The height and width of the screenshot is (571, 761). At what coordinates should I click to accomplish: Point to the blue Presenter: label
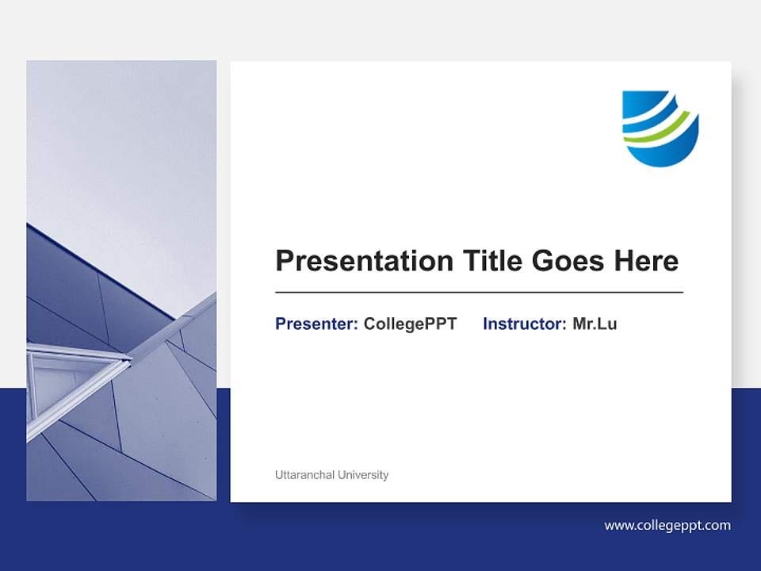coord(316,324)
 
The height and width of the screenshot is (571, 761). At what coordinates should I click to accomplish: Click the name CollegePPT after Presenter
coord(410,324)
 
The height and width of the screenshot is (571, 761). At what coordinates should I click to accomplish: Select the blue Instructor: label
coord(524,324)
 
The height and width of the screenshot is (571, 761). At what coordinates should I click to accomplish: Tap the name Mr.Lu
coord(595,324)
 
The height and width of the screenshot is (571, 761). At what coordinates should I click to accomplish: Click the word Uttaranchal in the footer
coord(304,475)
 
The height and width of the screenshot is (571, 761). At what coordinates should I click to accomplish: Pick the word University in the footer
coord(363,475)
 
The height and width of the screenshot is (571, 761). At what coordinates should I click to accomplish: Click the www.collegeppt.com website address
coord(667,525)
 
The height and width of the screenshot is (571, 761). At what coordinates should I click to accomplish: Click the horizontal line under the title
coord(479,292)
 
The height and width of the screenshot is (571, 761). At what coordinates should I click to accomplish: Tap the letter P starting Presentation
coord(284,261)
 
